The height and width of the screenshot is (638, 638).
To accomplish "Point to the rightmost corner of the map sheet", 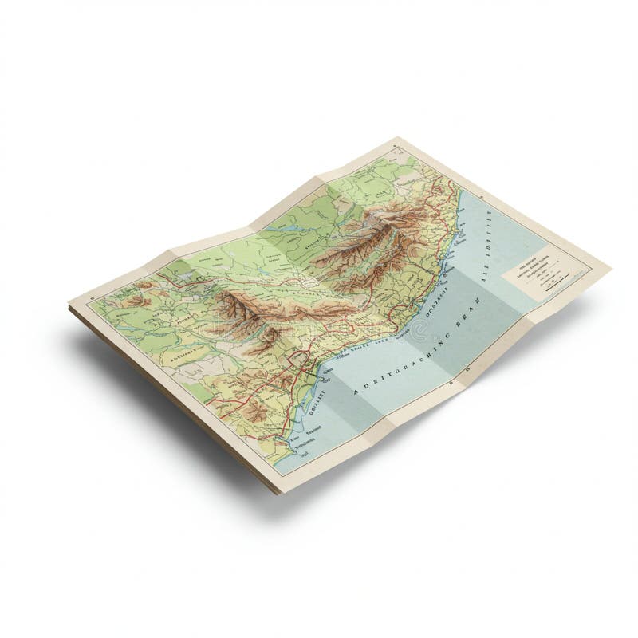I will point(610,267).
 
